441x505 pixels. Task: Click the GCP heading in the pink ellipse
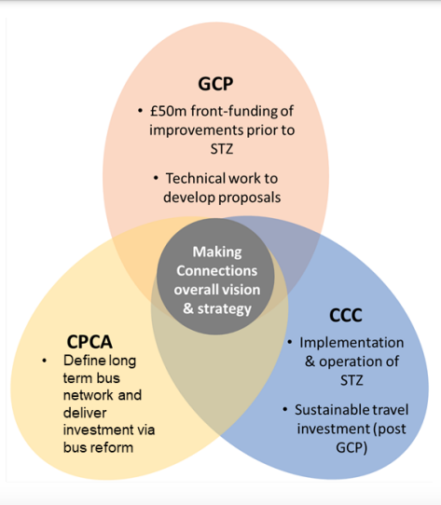coord(215,84)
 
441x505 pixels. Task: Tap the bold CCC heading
coord(346,315)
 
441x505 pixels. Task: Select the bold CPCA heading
coord(90,342)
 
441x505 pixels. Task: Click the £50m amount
coord(168,111)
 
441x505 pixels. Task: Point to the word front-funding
coord(234,111)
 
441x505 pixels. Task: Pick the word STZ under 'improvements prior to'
coord(222,149)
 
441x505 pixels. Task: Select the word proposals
coord(250,198)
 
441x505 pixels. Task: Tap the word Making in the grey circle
coord(217,252)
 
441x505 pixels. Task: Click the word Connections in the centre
coord(216,271)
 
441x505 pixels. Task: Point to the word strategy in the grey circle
coord(224,309)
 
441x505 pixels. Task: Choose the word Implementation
coord(351,342)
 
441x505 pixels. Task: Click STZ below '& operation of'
coord(351,380)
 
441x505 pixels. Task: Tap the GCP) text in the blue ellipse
coord(351,448)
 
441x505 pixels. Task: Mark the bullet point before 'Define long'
coord(44,361)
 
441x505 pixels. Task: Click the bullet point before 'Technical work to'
coord(156,178)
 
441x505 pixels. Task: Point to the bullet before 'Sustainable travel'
coord(285,410)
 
